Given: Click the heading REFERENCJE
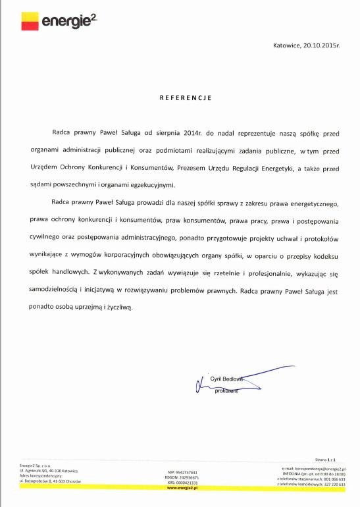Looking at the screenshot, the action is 186,97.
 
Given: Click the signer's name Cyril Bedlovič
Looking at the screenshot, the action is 226,380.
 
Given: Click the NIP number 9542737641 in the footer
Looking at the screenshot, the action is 183,472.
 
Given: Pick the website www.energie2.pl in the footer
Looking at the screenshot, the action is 183,488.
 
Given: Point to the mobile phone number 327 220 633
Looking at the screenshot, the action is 334,483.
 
